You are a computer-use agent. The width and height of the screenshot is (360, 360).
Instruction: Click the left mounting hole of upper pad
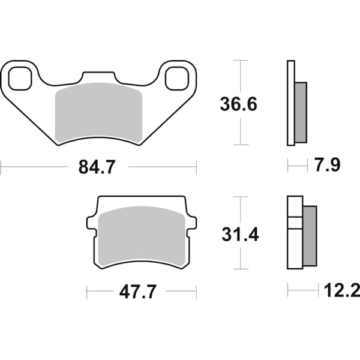click(x=20, y=77)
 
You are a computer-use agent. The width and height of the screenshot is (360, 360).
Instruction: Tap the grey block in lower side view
click(x=310, y=236)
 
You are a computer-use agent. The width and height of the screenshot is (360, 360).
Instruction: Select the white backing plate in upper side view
click(x=292, y=103)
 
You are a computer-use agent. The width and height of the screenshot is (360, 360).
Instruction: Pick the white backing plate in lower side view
click(x=295, y=233)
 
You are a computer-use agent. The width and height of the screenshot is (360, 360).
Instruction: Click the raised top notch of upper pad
click(x=98, y=77)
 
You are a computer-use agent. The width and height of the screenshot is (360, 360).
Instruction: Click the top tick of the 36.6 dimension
click(x=240, y=61)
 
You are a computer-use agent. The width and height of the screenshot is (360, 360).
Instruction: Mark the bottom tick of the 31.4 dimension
click(x=240, y=269)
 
